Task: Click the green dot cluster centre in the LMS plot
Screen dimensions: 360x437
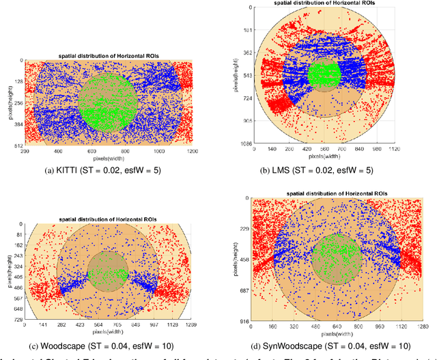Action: tap(324, 73)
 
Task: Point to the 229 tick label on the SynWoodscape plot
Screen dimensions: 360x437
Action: tap(242, 229)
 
